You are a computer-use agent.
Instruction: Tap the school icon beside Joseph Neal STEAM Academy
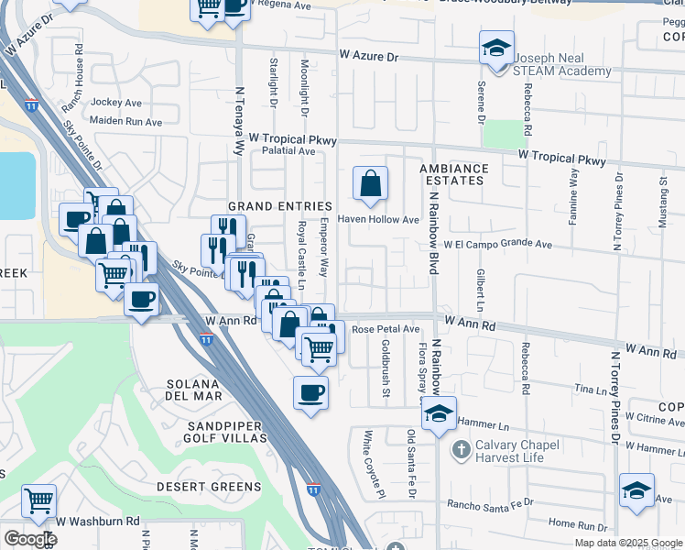pyautogui.click(x=496, y=48)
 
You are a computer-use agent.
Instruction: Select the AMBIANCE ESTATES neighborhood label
pyautogui.click(x=454, y=174)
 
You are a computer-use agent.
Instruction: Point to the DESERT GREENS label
pyautogui.click(x=208, y=487)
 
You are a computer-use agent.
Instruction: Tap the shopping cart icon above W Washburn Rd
pyautogui.click(x=39, y=501)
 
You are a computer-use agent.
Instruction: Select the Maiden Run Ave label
pyautogui.click(x=125, y=122)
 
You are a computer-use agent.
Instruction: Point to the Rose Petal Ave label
pyautogui.click(x=386, y=329)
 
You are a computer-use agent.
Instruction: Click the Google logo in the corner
pyautogui.click(x=29, y=539)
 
